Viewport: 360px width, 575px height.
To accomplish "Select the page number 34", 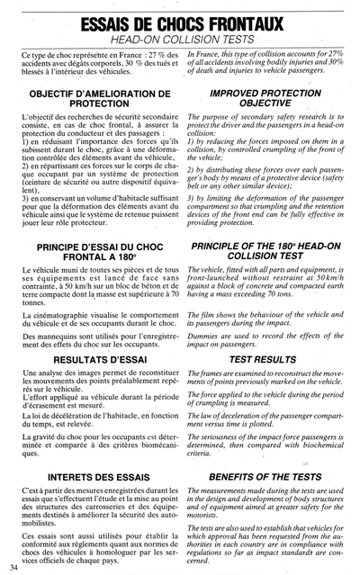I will click(13, 568).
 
